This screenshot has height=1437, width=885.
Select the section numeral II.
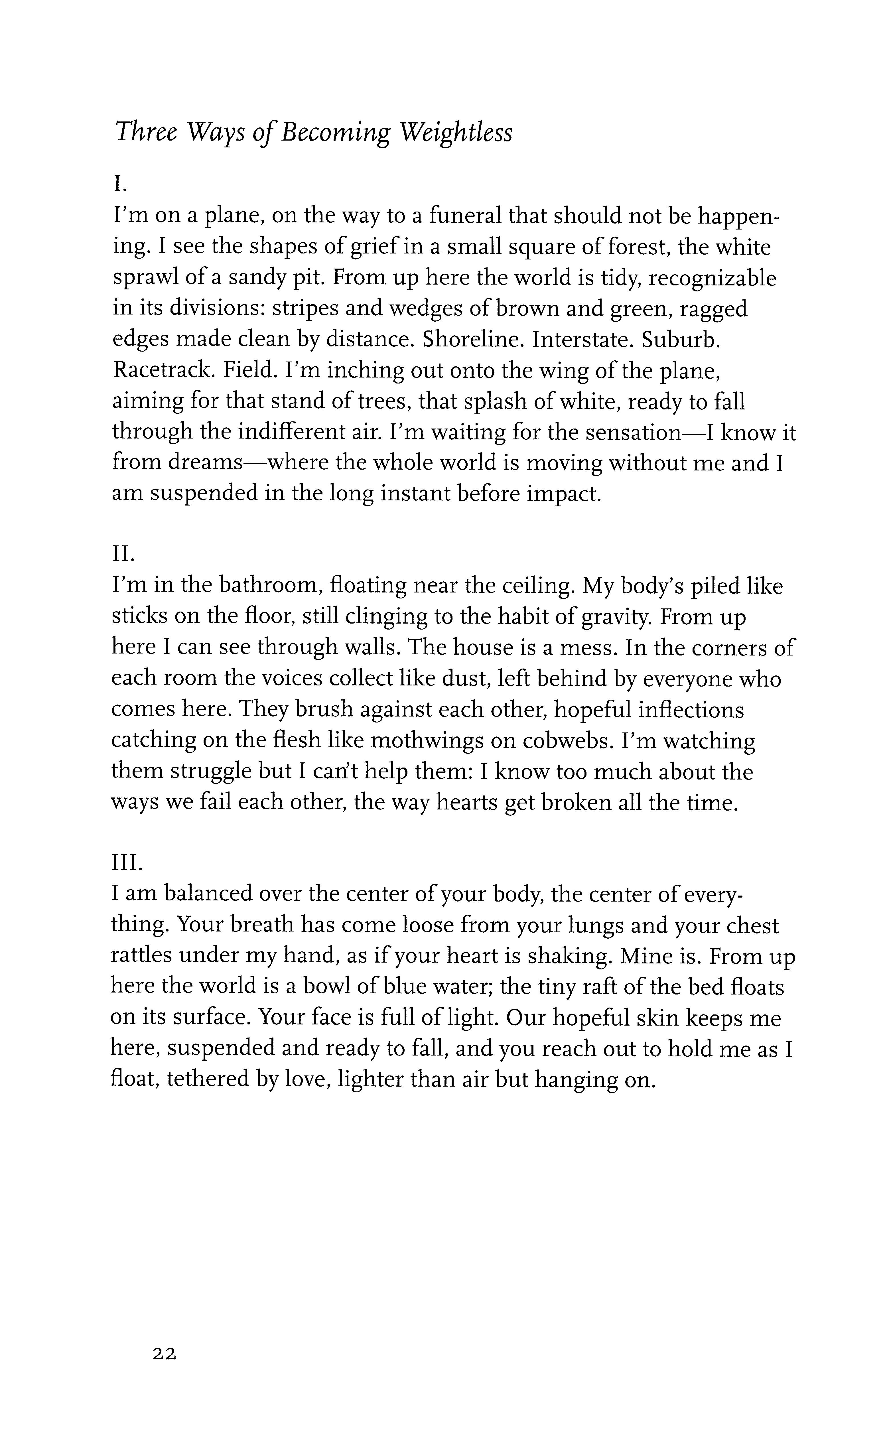pyautogui.click(x=123, y=553)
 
